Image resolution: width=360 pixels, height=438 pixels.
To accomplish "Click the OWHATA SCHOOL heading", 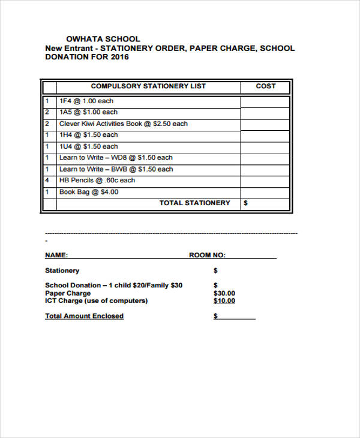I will [x=103, y=39].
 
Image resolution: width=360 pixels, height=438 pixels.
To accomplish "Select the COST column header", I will [x=266, y=86].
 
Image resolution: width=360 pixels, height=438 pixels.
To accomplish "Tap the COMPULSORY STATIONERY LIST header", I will [x=148, y=86].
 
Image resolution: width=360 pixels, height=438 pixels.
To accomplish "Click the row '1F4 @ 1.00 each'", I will [x=86, y=101].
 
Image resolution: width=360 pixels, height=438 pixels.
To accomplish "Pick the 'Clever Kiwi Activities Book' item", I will [x=123, y=124].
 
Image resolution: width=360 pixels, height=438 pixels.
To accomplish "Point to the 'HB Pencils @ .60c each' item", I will [x=97, y=180].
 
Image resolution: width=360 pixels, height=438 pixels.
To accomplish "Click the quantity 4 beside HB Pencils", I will [x=47, y=180].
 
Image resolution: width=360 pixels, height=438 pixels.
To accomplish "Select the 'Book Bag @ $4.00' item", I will [x=89, y=192].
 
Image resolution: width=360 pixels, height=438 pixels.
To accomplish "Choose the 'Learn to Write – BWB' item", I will [x=116, y=169].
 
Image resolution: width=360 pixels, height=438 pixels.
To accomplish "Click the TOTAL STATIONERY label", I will [x=194, y=203].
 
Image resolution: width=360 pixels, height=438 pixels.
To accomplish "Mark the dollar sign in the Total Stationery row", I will [x=245, y=203].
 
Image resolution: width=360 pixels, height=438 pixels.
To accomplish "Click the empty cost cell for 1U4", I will [x=265, y=146].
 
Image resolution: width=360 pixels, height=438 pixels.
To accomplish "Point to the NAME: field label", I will [x=56, y=255].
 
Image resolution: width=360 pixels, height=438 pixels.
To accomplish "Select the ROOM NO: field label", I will [x=208, y=255].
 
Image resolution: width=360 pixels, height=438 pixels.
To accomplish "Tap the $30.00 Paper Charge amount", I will [x=224, y=293].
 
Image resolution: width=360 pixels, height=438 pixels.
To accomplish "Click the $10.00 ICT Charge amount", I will [x=224, y=301].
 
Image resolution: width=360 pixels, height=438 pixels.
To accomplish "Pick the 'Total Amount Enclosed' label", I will [x=84, y=316].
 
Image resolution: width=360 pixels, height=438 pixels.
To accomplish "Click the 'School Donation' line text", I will [x=113, y=286].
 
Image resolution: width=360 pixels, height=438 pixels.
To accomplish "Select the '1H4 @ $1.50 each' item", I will [x=88, y=135].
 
